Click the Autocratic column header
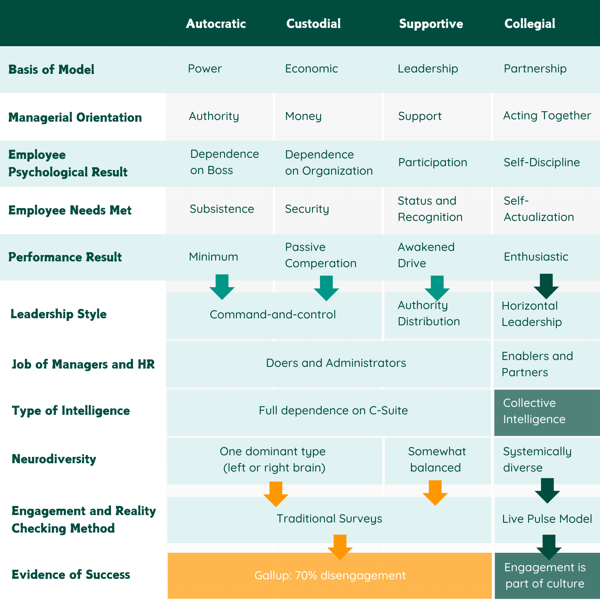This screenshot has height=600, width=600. pyautogui.click(x=216, y=24)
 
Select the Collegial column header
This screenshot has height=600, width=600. pyautogui.click(x=530, y=24)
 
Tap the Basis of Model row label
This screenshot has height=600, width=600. pyautogui.click(x=51, y=69)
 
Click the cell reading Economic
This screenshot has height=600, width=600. pyautogui.click(x=311, y=69)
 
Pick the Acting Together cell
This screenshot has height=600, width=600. pyautogui.click(x=547, y=116)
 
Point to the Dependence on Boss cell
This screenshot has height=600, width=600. pyautogui.click(x=224, y=162)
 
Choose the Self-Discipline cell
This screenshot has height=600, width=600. pyautogui.click(x=542, y=162)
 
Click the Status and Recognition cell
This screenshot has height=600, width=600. pyautogui.click(x=430, y=209)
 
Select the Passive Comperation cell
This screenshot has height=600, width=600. pyautogui.click(x=320, y=255)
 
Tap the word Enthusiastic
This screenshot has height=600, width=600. pyautogui.click(x=536, y=257)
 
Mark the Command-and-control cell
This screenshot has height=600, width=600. pyautogui.click(x=272, y=314)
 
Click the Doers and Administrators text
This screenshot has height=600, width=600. pyautogui.click(x=336, y=363)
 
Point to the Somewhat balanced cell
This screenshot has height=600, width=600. pyautogui.click(x=437, y=459)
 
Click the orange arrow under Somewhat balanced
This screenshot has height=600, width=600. pyautogui.click(x=435, y=492)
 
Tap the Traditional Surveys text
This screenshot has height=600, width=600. pyautogui.click(x=329, y=518)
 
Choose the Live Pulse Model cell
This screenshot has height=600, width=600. pyautogui.click(x=547, y=519)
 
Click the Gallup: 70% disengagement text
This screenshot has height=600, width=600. pyautogui.click(x=330, y=575)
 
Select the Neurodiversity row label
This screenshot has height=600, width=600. pyautogui.click(x=54, y=459)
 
